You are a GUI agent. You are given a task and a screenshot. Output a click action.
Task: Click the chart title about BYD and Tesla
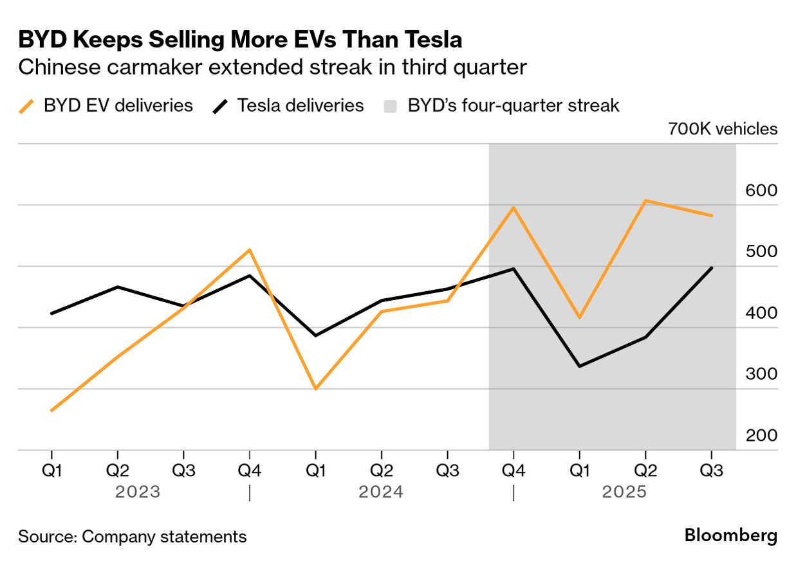tap(240, 40)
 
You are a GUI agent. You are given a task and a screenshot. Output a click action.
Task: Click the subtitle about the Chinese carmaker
tap(273, 67)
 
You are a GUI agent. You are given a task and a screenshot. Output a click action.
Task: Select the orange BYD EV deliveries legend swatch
tap(26, 105)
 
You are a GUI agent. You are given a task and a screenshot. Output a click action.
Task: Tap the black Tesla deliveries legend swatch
tap(220, 105)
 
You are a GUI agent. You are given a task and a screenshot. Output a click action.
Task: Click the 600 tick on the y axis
tap(761, 191)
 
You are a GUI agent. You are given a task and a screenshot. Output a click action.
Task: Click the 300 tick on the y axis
tap(761, 374)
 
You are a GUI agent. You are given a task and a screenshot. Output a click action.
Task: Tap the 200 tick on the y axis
tap(761, 436)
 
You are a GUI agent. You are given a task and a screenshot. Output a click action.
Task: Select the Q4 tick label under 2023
tap(249, 471)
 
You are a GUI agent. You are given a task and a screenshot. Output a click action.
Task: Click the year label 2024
tap(381, 492)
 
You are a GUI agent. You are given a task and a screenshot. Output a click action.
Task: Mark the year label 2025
tap(624, 492)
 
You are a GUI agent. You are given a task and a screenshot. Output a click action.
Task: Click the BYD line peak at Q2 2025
tap(645, 201)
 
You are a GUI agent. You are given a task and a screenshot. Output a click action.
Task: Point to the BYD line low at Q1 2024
tap(315, 389)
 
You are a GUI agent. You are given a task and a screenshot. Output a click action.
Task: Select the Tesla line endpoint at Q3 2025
tap(711, 268)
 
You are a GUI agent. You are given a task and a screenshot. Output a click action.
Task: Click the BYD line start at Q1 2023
tap(51, 410)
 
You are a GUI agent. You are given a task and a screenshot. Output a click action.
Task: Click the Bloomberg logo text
tap(730, 535)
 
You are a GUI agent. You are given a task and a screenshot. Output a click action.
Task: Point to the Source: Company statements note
tap(132, 537)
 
